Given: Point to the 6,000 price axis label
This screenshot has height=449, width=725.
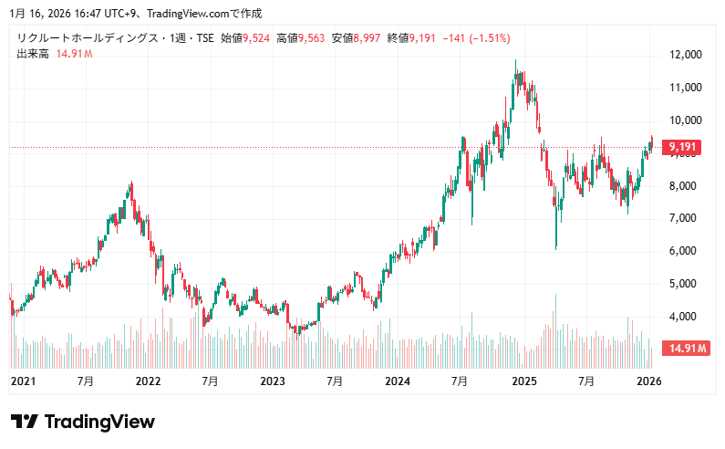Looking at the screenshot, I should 686,251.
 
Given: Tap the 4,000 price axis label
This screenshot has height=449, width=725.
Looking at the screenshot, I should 686,317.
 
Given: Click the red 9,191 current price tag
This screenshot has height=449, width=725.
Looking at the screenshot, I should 683,146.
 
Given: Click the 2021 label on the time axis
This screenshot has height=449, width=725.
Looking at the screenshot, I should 22,381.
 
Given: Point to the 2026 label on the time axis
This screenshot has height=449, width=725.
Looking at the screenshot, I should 648,381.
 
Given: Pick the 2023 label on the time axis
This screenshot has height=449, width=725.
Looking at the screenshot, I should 272,381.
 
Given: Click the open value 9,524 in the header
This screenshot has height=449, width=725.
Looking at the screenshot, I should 256,38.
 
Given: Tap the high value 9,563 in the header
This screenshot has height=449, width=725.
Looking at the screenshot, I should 313,38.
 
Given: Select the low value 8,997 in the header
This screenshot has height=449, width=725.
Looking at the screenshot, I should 368,38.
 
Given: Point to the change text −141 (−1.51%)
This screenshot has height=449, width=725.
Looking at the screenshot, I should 476,38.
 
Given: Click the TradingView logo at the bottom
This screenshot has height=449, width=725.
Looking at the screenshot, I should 83,422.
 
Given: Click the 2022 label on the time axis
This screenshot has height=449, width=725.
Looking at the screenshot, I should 147,381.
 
